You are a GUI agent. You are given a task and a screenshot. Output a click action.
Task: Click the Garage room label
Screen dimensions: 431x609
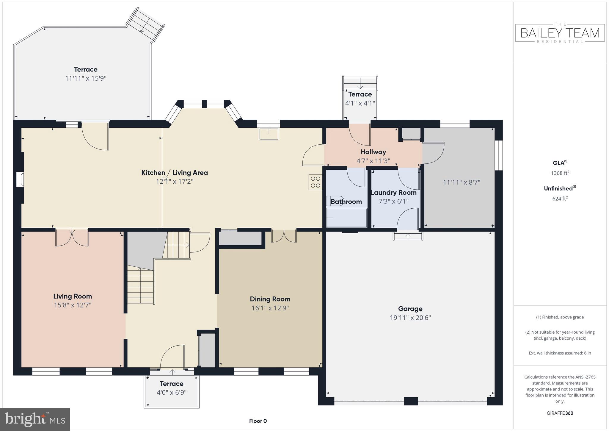pyautogui.click(x=410, y=309)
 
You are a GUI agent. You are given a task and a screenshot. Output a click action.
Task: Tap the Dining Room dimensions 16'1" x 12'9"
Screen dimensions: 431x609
pyautogui.click(x=270, y=308)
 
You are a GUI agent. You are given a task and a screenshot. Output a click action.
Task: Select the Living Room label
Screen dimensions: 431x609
pyautogui.click(x=73, y=296)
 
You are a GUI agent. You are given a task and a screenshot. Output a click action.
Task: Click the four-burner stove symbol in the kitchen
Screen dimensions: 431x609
pyautogui.click(x=316, y=182)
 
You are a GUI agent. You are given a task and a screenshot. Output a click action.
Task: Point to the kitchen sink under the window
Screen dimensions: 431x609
pyautogui.click(x=269, y=134)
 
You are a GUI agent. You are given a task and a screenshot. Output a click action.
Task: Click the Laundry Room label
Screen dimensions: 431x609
pyautogui.click(x=394, y=193)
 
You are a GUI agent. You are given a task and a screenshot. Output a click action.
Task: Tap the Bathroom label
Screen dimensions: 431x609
pyautogui.click(x=346, y=202)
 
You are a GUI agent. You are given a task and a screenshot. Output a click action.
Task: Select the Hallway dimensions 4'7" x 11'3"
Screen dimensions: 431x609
pyautogui.click(x=373, y=161)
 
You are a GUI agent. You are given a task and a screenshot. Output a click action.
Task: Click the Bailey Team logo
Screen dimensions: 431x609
pyautogui.click(x=560, y=33)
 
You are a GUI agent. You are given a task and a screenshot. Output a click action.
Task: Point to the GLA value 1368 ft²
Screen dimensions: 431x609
pyautogui.click(x=560, y=173)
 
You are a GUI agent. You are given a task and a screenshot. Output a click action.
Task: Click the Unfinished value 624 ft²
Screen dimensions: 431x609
pyautogui.click(x=560, y=199)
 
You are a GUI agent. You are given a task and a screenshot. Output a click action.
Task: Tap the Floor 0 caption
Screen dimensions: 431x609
pyautogui.click(x=258, y=421)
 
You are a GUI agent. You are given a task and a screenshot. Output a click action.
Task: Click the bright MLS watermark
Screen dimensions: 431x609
pyautogui.click(x=35, y=419)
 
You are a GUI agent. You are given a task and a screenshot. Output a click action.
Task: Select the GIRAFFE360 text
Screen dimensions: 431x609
pyautogui.click(x=560, y=413)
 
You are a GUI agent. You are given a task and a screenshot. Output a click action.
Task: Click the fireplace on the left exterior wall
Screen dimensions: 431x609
pyautogui.click(x=20, y=179)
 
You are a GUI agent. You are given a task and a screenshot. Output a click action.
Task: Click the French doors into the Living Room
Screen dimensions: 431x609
pyautogui.click(x=72, y=238)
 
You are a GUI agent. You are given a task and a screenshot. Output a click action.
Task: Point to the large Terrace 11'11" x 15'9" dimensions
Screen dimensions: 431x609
pyautogui.click(x=86, y=78)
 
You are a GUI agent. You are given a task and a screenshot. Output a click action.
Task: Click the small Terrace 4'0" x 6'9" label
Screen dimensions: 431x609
pyautogui.click(x=172, y=384)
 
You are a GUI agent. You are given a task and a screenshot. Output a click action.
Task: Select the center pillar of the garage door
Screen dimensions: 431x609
pyautogui.click(x=411, y=401)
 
